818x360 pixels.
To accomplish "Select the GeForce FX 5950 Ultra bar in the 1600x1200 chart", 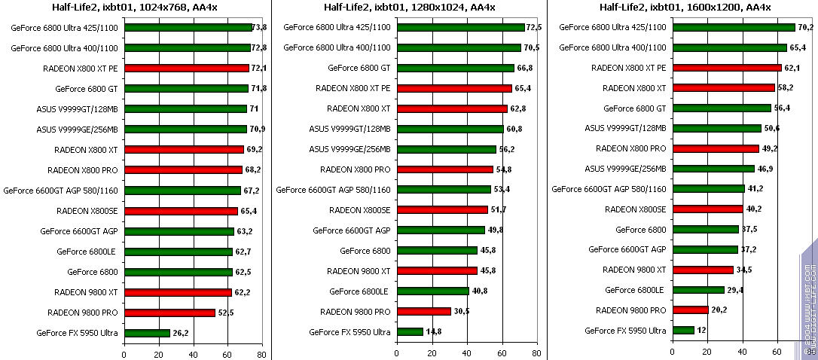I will pos(683,330).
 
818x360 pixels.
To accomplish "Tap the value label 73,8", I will pos(259,27).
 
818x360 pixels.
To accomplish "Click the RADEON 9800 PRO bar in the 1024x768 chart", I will pos(169,313).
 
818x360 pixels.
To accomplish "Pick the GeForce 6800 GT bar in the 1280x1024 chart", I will pos(455,68).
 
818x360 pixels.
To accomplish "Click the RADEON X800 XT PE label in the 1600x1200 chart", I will pos(629,68).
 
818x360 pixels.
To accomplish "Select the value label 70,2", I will pos(805,27).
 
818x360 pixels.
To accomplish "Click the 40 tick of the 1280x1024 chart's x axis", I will pos(467,352).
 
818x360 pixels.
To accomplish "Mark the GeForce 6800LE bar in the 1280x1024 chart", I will pos(432,291).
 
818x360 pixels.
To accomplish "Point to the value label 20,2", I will pos(719,310).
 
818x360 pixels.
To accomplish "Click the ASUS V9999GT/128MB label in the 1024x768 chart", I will pos(77,108).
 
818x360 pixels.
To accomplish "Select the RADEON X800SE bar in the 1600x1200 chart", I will pos(708,209).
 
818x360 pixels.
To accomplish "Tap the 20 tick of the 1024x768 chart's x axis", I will pos(158,352).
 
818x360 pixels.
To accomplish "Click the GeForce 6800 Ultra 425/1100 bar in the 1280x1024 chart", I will pos(460,27).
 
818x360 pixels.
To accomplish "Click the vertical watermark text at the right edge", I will pos(809,301).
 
